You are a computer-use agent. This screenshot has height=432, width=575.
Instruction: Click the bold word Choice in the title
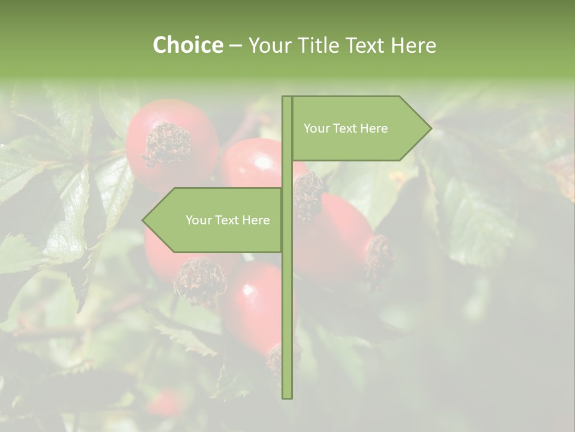(x=187, y=45)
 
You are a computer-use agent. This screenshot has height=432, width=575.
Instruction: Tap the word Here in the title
(x=413, y=45)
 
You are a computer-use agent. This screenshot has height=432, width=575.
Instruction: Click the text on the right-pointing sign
(x=346, y=128)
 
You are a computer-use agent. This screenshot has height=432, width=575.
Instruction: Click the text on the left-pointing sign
(x=228, y=220)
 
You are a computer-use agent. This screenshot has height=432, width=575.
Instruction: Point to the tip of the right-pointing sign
(x=430, y=128)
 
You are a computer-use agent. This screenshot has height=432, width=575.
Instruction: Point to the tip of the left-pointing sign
(x=144, y=220)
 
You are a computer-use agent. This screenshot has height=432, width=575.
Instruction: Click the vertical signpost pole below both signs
(x=287, y=324)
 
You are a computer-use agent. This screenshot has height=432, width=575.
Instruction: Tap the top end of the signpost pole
(x=287, y=98)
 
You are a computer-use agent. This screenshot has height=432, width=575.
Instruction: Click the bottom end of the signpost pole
(x=287, y=396)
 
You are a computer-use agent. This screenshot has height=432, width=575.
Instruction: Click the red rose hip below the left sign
(x=255, y=306)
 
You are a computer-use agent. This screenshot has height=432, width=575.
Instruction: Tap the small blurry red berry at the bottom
(x=165, y=403)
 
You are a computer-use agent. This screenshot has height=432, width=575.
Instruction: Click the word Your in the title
(x=269, y=45)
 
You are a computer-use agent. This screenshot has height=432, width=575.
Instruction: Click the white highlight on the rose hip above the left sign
(x=262, y=162)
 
